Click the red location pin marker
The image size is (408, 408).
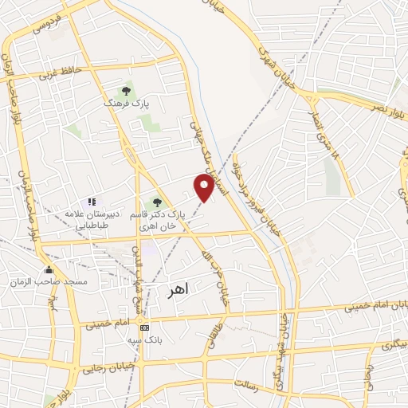coord(205,187)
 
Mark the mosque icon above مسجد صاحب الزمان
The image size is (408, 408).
coord(49,270)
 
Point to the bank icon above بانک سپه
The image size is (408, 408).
coord(143,327)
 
